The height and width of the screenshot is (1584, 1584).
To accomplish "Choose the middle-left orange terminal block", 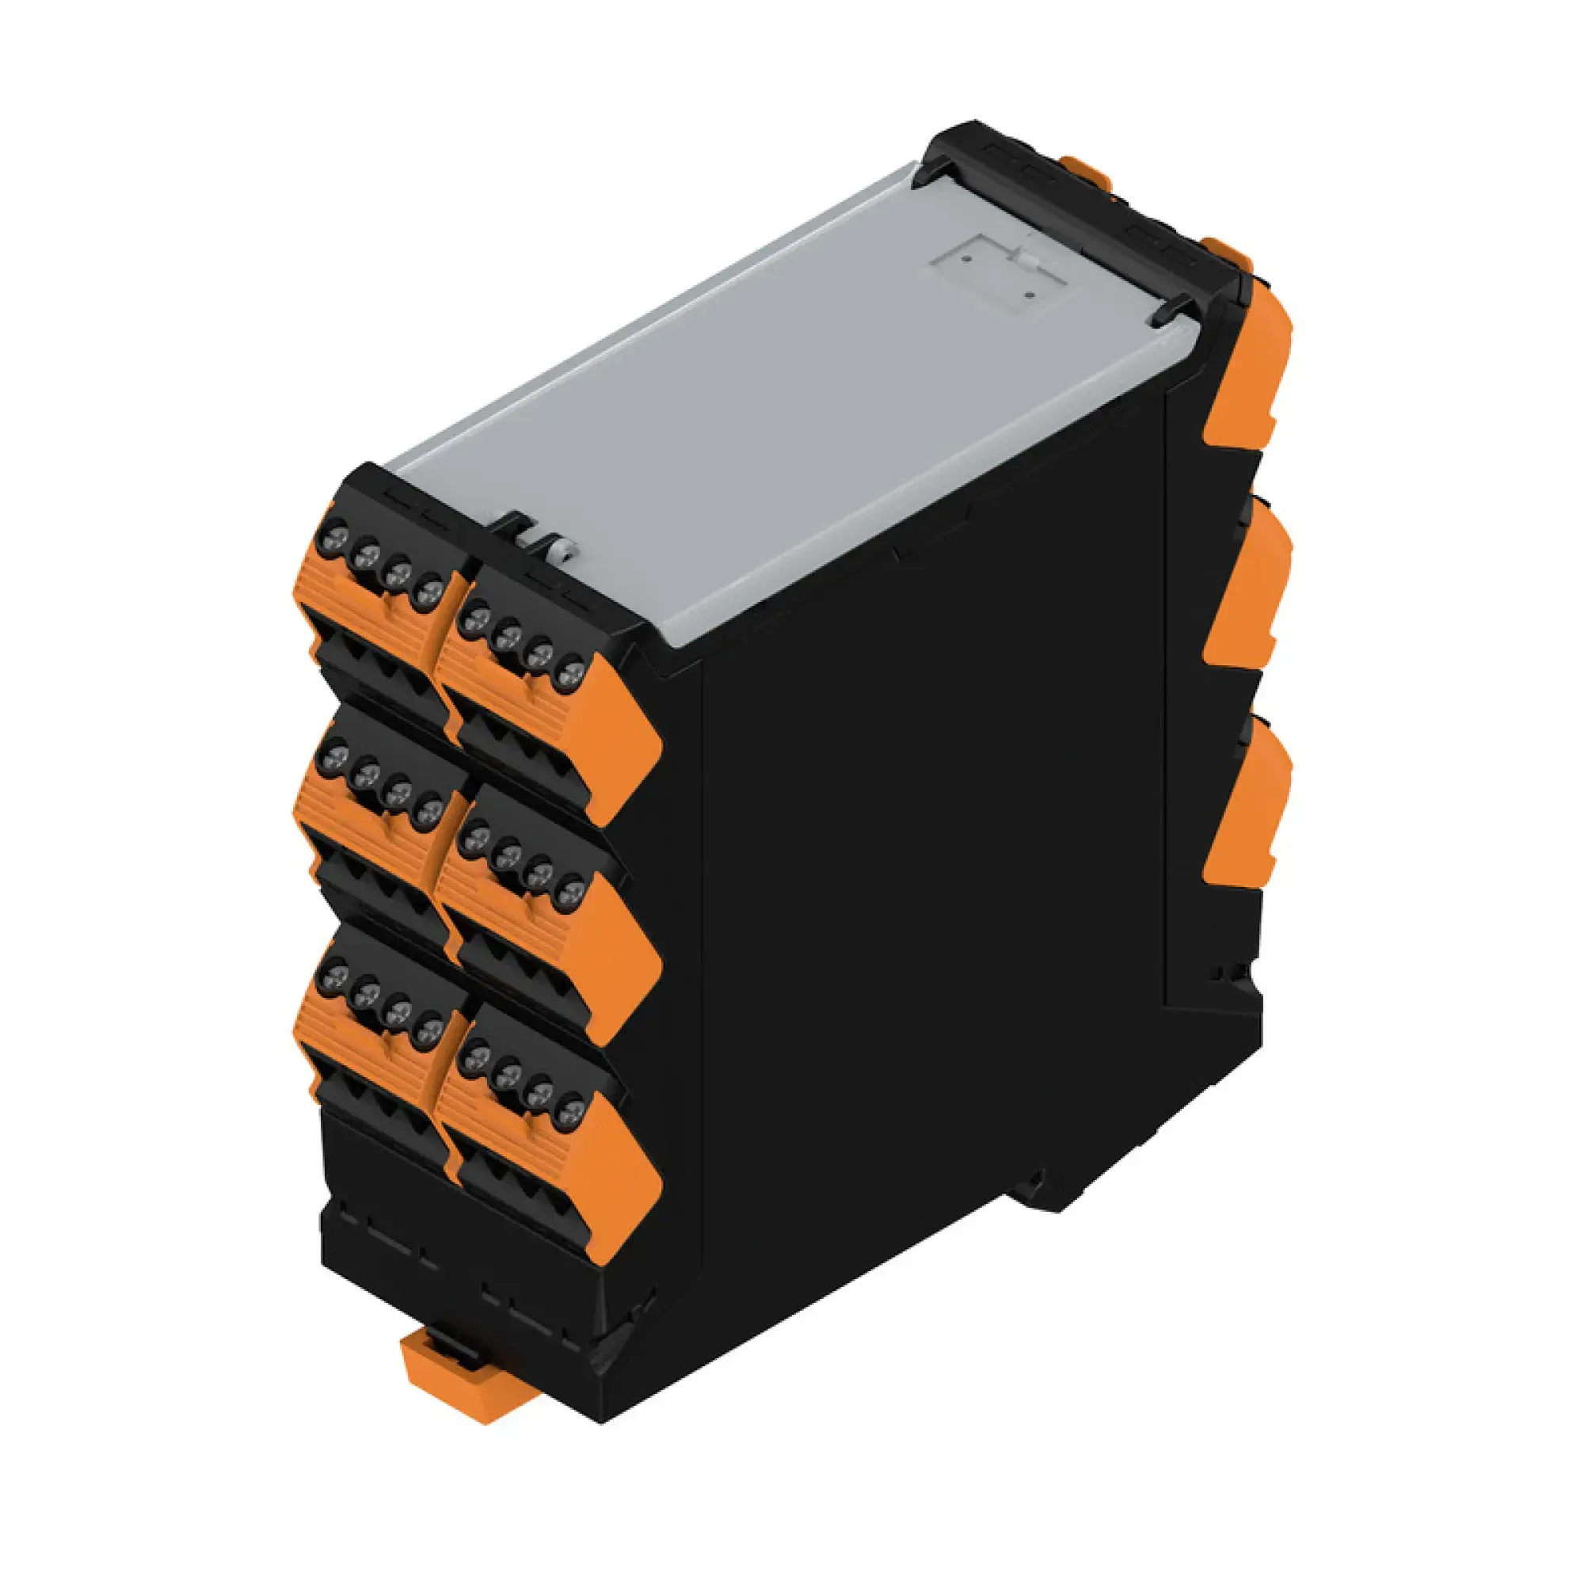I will click(x=369, y=820).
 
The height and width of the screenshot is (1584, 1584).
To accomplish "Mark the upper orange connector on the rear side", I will click(x=1250, y=369).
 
